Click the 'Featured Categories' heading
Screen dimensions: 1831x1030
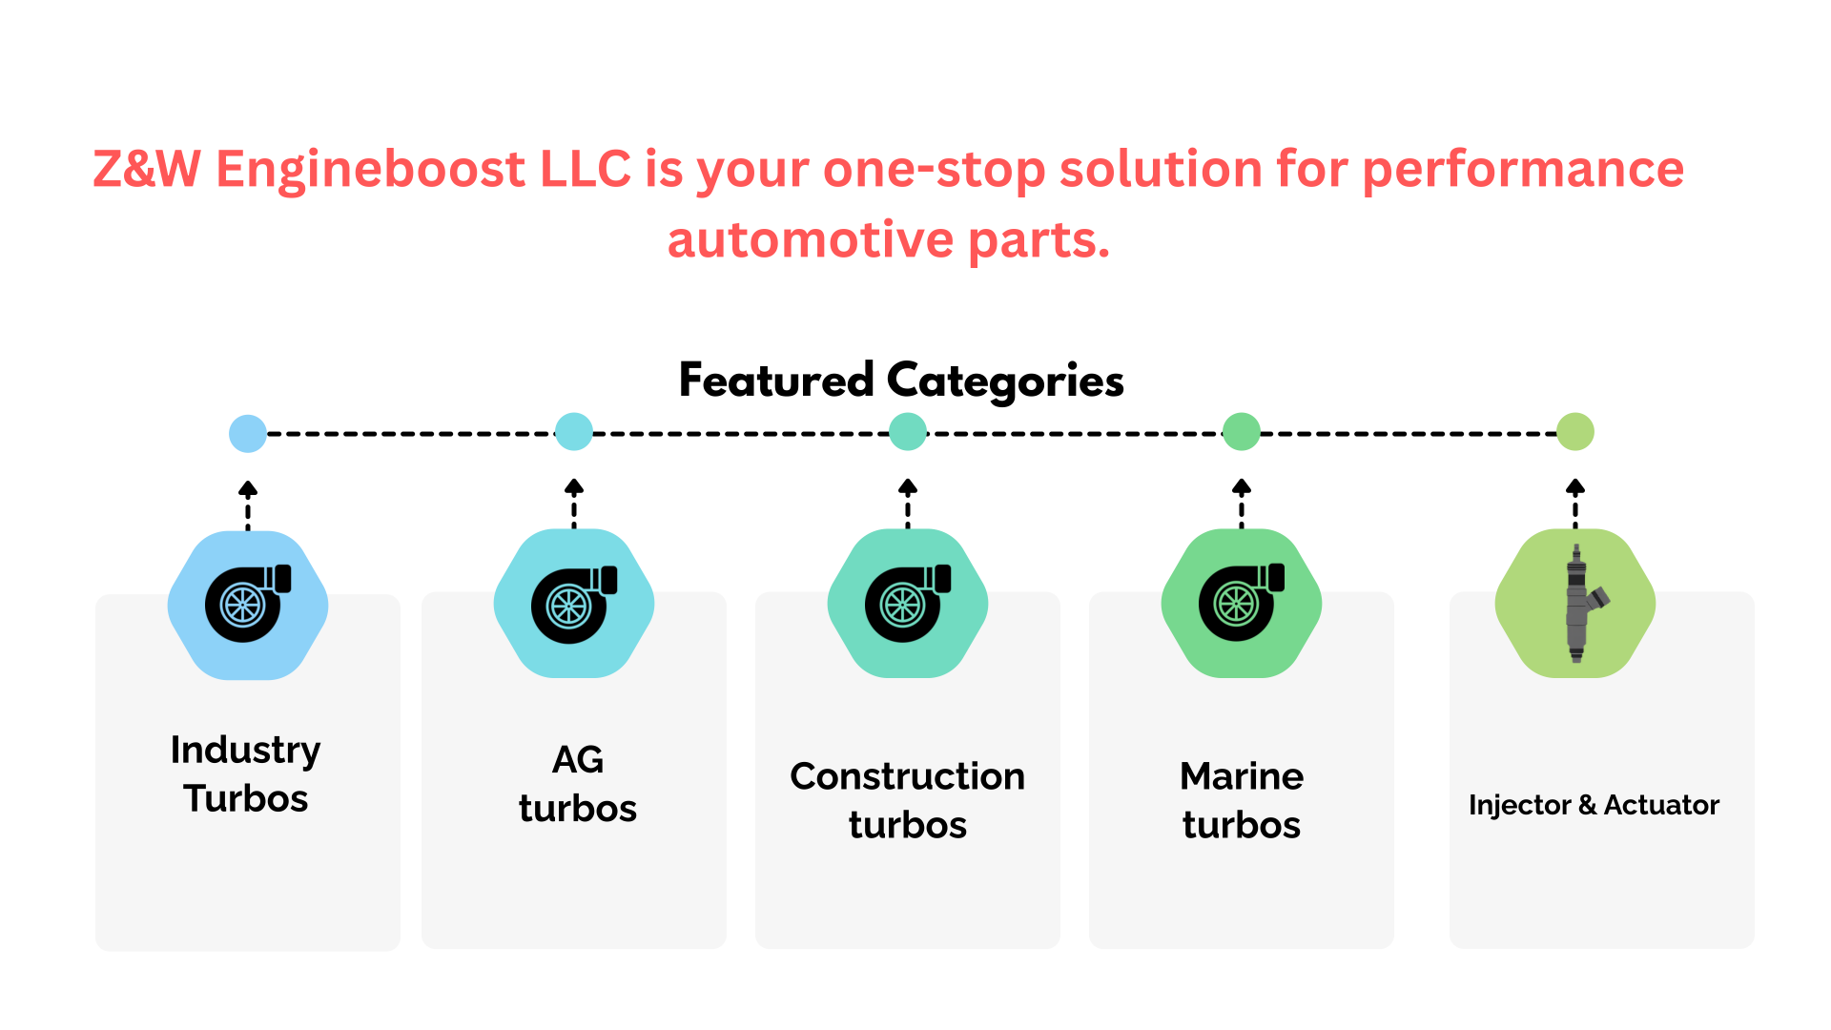901,381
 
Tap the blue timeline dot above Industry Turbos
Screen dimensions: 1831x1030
248,434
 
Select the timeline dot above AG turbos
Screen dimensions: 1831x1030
574,432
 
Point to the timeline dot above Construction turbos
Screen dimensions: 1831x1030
908,432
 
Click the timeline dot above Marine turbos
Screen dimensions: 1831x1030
1242,432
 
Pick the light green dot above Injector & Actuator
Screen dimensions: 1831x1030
1575,432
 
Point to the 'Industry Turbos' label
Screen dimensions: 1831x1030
246,773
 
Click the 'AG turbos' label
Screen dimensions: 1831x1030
578,784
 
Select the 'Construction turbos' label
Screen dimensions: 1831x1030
908,800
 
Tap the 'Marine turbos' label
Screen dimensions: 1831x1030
1242,800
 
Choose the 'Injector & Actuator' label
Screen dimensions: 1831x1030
1594,805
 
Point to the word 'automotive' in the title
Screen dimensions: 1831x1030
811,239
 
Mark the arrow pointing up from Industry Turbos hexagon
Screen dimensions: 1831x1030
248,505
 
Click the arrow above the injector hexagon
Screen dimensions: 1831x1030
1575,504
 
